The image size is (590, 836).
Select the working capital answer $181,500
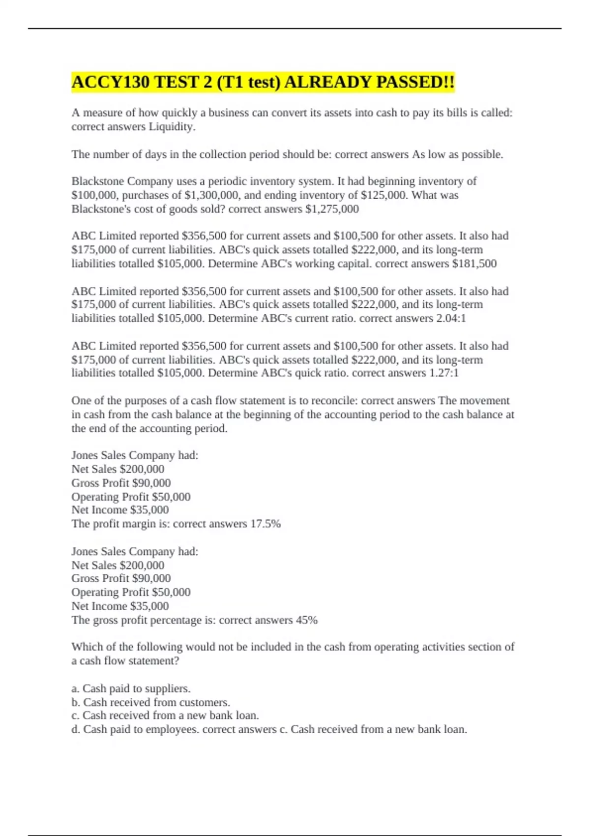coord(474,264)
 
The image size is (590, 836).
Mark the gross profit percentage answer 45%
coord(307,620)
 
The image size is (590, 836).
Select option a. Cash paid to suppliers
coord(131,688)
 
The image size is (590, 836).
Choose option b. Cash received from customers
coord(151,702)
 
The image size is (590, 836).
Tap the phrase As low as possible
coord(457,154)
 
